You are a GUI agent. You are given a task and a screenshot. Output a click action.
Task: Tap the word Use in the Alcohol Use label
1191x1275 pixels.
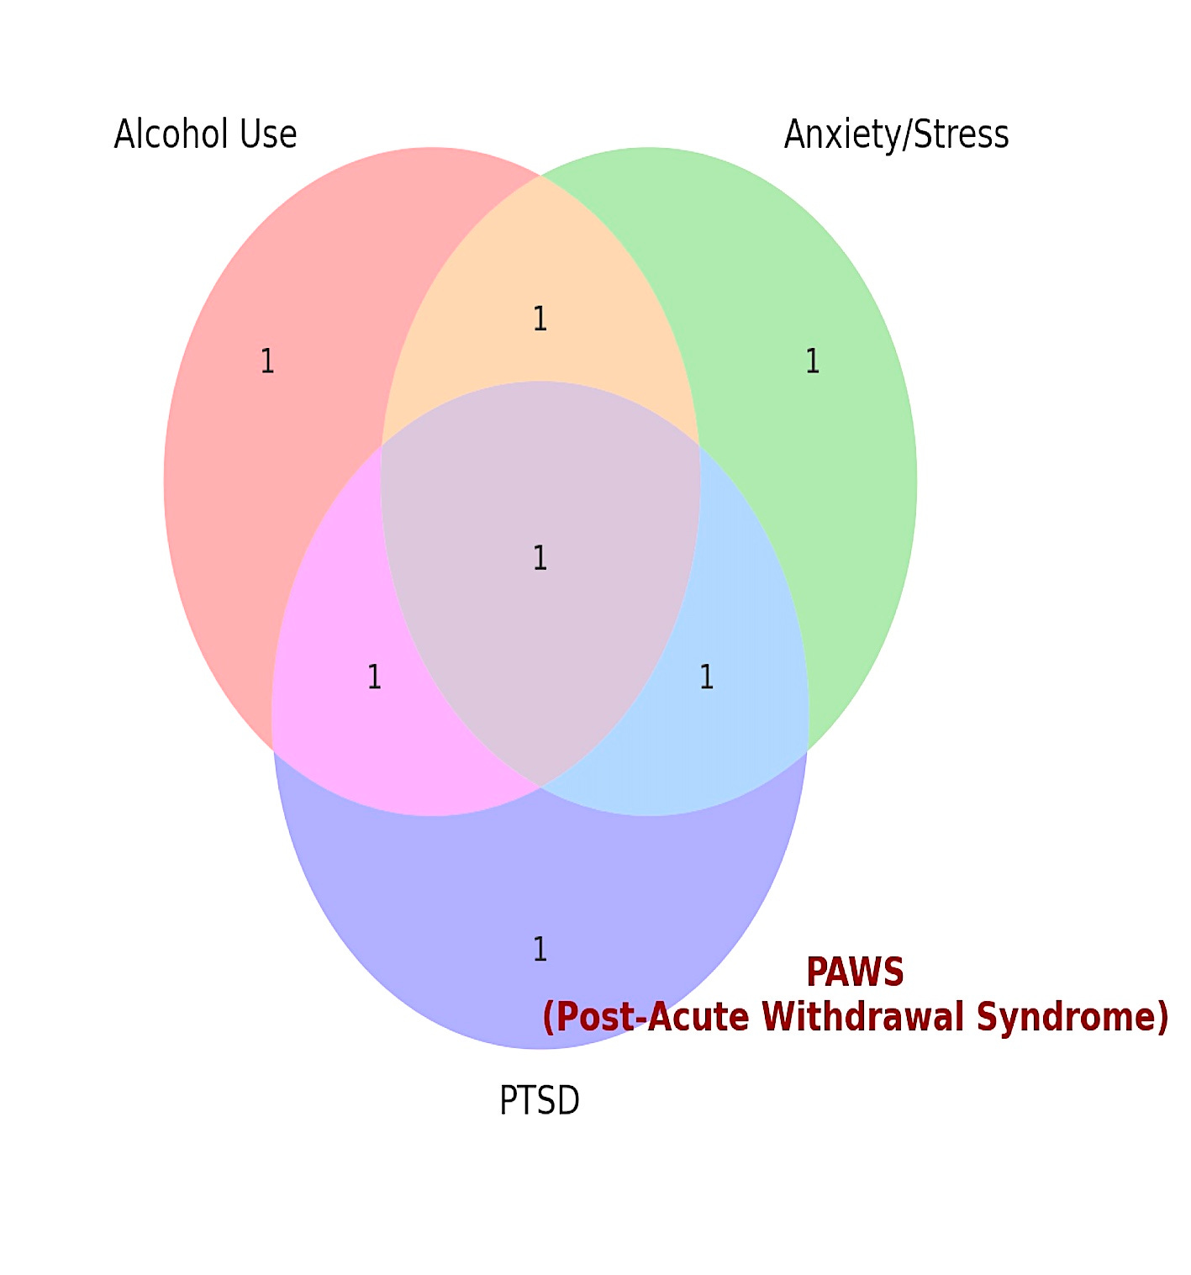(x=269, y=134)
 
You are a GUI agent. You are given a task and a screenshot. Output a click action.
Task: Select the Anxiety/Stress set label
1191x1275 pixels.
(x=896, y=134)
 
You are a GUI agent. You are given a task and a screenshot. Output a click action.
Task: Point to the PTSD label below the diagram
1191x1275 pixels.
(x=540, y=1100)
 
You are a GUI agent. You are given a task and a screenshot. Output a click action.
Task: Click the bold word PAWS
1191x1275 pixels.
(x=855, y=972)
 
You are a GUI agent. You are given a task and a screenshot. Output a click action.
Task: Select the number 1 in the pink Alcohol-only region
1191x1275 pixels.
(x=267, y=361)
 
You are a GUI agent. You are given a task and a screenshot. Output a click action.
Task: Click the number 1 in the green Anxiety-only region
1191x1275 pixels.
(x=812, y=361)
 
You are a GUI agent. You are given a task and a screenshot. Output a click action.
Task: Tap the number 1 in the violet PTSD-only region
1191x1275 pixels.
(x=540, y=949)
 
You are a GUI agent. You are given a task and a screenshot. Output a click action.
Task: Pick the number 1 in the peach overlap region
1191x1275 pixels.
(x=540, y=319)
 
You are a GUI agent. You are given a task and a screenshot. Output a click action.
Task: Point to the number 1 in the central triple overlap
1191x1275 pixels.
(x=540, y=558)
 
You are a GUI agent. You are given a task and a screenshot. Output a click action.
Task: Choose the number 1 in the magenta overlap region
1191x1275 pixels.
(x=374, y=677)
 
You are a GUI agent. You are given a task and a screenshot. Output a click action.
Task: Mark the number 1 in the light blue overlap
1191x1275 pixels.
(x=706, y=677)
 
